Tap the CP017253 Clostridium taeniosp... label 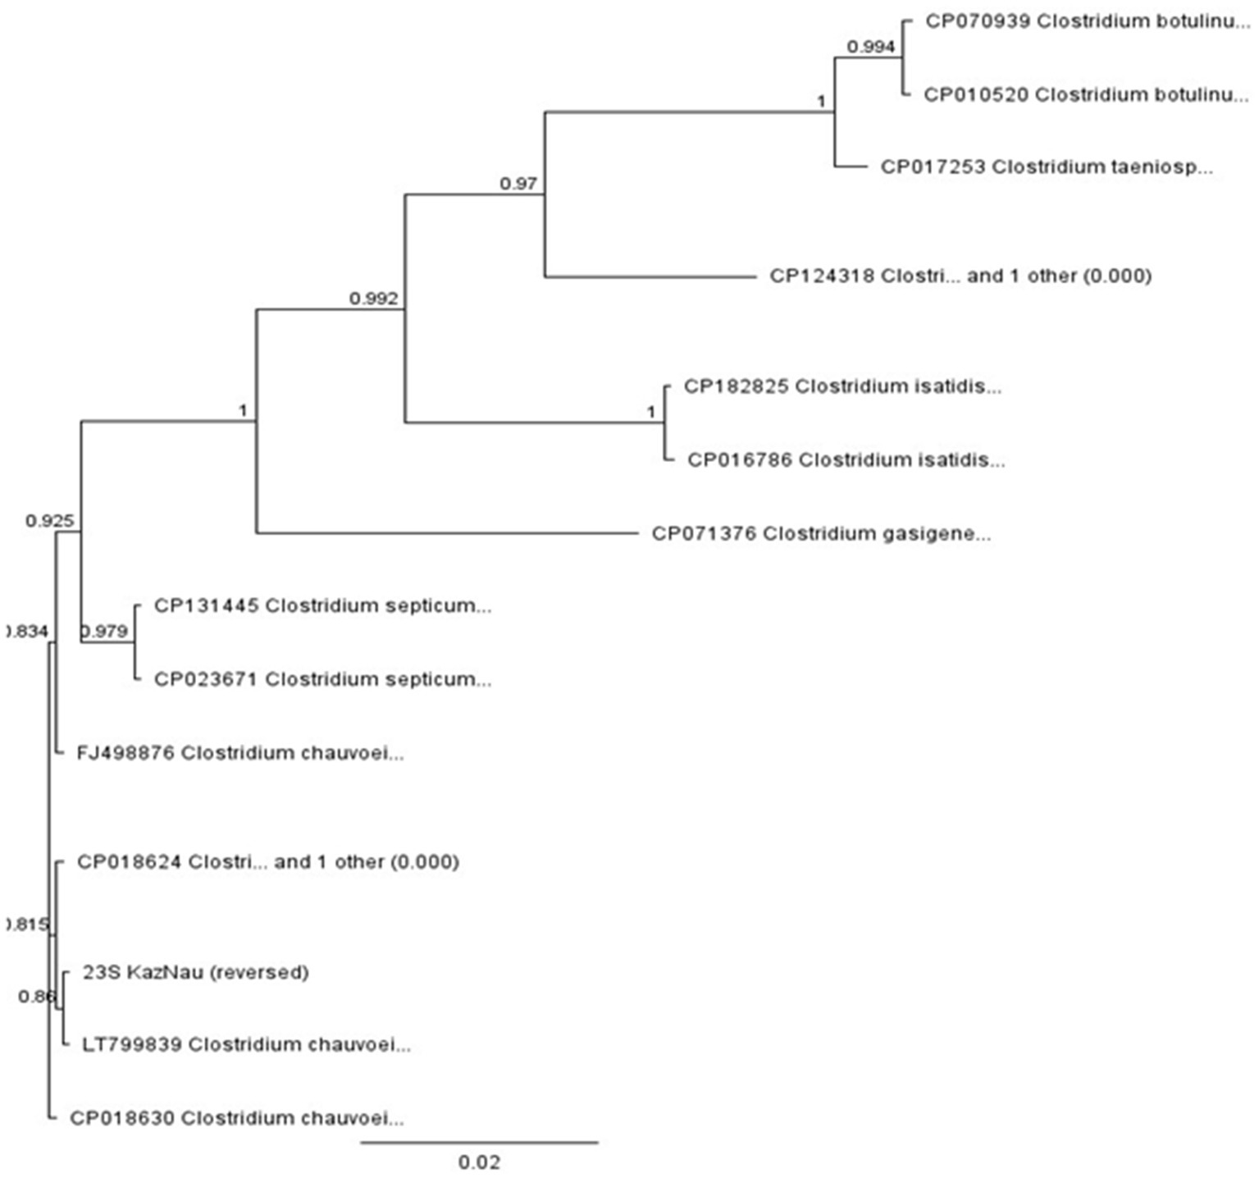pos(1046,167)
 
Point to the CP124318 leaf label pos(960,276)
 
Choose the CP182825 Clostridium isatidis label pos(842,386)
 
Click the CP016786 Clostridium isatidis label pos(846,459)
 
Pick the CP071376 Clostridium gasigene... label pos(821,533)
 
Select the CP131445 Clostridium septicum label pos(322,605)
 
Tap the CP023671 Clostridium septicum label pos(322,679)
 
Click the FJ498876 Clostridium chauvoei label pos(239,752)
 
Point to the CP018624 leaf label pos(267,861)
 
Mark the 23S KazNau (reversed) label pos(195,972)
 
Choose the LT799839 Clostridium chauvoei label pos(246,1044)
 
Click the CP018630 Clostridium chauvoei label pos(236,1117)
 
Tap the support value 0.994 pos(870,47)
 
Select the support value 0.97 pos(518,184)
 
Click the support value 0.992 pos(373,299)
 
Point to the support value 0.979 pos(105,631)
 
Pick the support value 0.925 pos(49,520)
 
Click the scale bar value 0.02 pos(479,1162)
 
